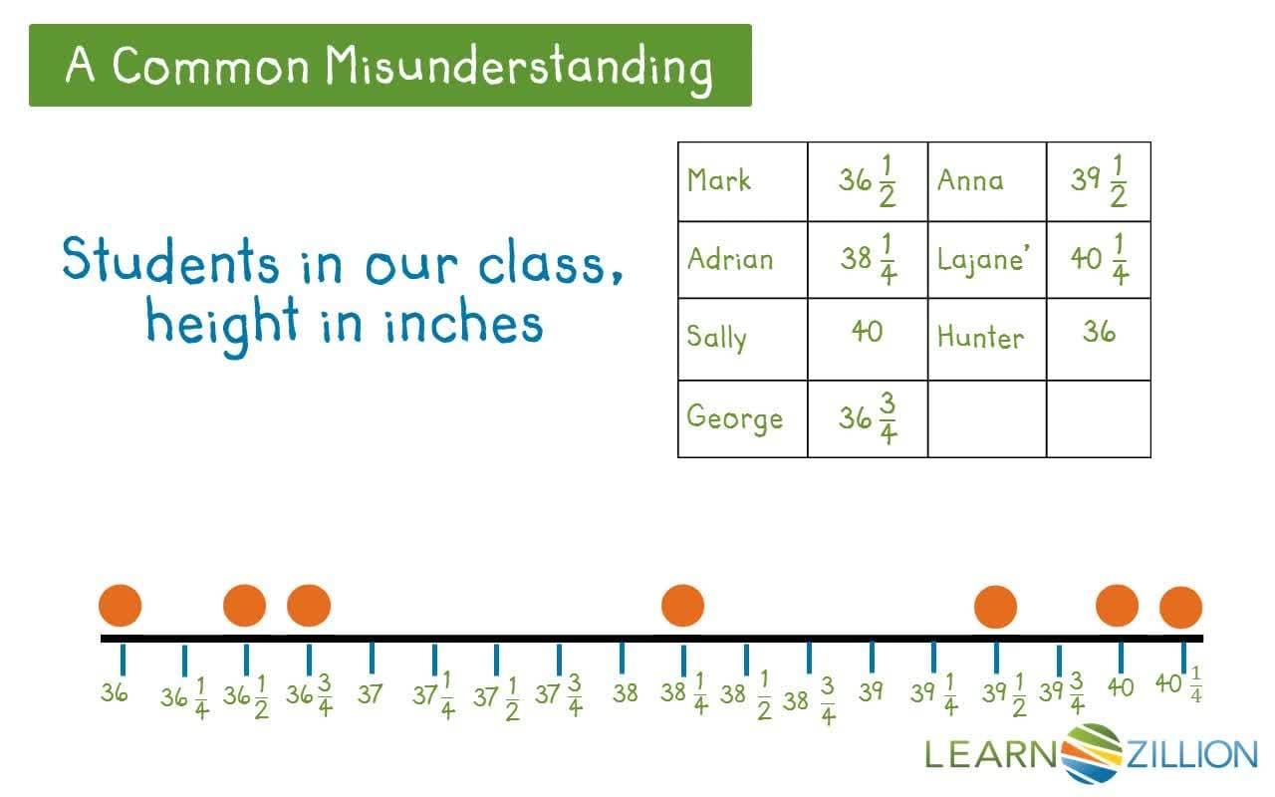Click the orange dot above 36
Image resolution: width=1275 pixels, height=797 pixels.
tap(121, 606)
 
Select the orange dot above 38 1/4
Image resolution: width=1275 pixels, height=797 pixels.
tap(683, 606)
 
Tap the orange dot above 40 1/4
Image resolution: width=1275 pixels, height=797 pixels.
tap(1181, 608)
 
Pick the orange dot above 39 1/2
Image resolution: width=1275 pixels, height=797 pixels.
tap(995, 607)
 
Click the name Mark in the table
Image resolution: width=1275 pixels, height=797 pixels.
tap(718, 181)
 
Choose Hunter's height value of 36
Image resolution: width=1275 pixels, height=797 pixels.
tap(1099, 332)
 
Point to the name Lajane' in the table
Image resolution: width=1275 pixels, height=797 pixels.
tap(983, 259)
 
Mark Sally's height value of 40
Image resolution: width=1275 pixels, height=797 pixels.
tap(867, 332)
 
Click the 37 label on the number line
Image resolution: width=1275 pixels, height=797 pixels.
tap(371, 693)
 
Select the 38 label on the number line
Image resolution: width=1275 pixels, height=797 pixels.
tap(625, 693)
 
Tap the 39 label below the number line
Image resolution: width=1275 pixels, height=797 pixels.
tap(872, 691)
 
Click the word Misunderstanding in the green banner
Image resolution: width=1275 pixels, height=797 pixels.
tap(519, 66)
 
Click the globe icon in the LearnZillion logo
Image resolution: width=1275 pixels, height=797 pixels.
tap(1092, 752)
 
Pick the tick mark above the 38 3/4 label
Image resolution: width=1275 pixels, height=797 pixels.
tap(809, 658)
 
